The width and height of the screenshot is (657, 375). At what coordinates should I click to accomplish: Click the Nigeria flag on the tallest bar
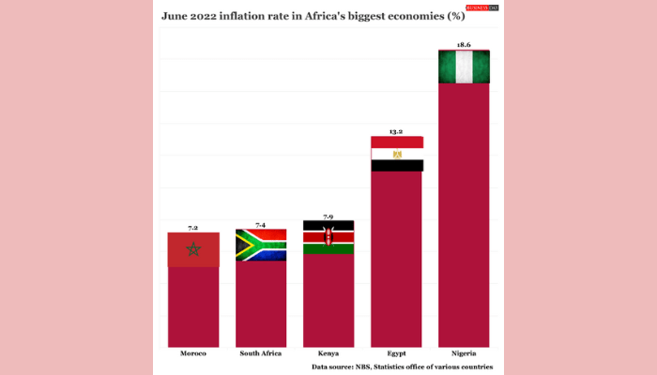464,67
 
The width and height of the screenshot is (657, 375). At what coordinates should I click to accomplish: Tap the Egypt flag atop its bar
397,154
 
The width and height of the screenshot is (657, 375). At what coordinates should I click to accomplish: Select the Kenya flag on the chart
328,237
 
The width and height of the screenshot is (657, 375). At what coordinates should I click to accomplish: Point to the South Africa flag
260,245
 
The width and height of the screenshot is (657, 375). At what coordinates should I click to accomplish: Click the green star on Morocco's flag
193,248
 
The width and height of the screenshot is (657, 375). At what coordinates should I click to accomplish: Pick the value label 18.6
464,45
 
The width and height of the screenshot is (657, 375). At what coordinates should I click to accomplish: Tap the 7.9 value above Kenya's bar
328,217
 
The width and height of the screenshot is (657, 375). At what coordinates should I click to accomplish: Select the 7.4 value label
260,225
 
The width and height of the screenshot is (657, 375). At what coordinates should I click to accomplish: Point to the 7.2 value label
193,228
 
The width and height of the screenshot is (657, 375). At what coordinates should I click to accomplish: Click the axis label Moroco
193,353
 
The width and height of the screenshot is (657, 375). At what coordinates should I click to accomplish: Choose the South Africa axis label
260,353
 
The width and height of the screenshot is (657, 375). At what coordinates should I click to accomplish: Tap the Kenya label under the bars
328,353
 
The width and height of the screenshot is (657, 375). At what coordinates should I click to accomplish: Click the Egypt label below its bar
397,353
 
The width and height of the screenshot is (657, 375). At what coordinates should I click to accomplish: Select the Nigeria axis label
464,353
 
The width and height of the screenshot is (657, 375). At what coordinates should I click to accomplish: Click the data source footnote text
402,367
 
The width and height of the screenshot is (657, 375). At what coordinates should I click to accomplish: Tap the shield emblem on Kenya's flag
328,237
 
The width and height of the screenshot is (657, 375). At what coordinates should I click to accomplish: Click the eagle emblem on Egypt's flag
397,154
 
